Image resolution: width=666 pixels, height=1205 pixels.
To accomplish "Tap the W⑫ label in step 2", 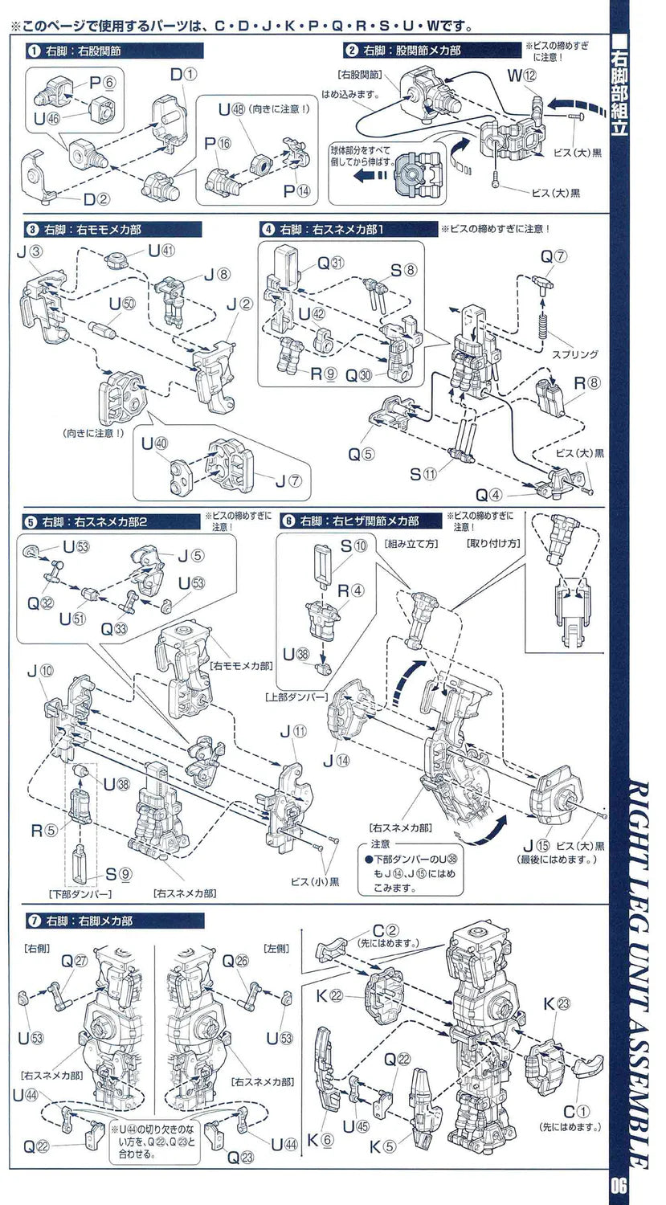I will [521, 77].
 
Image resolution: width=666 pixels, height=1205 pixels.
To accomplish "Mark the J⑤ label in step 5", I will [191, 554].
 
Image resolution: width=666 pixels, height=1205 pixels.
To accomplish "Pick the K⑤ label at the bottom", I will [382, 1146].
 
